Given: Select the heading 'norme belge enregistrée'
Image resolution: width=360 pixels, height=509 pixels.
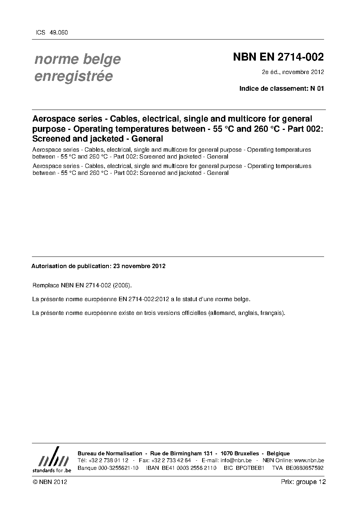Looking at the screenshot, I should click(x=77, y=67).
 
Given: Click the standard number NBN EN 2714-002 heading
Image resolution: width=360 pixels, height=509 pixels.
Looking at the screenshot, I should click(x=278, y=57).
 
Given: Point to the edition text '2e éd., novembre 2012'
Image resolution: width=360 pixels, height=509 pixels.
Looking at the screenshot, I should click(x=293, y=72).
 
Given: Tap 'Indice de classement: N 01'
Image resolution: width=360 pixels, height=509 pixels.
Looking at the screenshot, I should click(x=281, y=88).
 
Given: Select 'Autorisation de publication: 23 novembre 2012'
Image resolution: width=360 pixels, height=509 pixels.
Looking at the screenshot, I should click(x=98, y=266).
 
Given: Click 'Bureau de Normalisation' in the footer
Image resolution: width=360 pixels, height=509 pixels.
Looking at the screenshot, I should click(x=110, y=453).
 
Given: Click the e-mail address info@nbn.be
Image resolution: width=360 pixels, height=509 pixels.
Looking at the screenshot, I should click(x=236, y=460).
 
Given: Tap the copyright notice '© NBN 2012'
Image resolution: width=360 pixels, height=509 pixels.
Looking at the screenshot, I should click(x=50, y=482).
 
